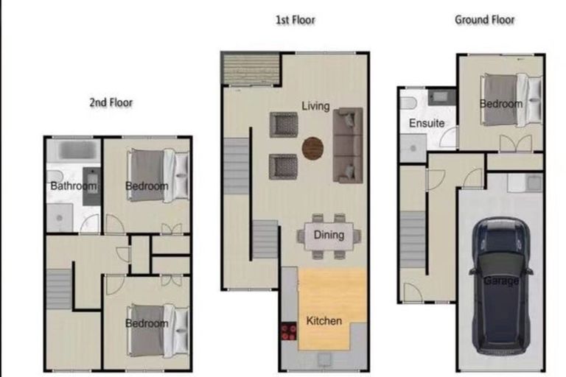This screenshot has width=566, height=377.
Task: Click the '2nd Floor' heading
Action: (111, 102)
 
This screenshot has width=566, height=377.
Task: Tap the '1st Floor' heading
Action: (295, 20)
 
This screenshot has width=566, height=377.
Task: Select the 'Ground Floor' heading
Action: (483, 20)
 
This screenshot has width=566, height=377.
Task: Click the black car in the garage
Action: (500, 283)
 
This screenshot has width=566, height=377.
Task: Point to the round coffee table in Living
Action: (313, 148)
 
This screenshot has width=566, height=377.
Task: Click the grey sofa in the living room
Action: (348, 144)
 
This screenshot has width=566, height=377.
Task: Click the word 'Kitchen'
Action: (324, 321)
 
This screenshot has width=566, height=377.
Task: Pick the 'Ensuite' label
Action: (426, 123)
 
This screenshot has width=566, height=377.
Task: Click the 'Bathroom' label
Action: (73, 186)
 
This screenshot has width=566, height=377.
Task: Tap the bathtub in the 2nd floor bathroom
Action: (73, 151)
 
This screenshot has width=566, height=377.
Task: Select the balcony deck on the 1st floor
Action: (251, 68)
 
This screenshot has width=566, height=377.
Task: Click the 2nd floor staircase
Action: (59, 289)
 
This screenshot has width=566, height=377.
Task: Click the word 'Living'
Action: (315, 106)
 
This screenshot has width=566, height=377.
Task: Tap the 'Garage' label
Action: (500, 281)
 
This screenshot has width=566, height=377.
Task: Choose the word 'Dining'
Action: (329, 236)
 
